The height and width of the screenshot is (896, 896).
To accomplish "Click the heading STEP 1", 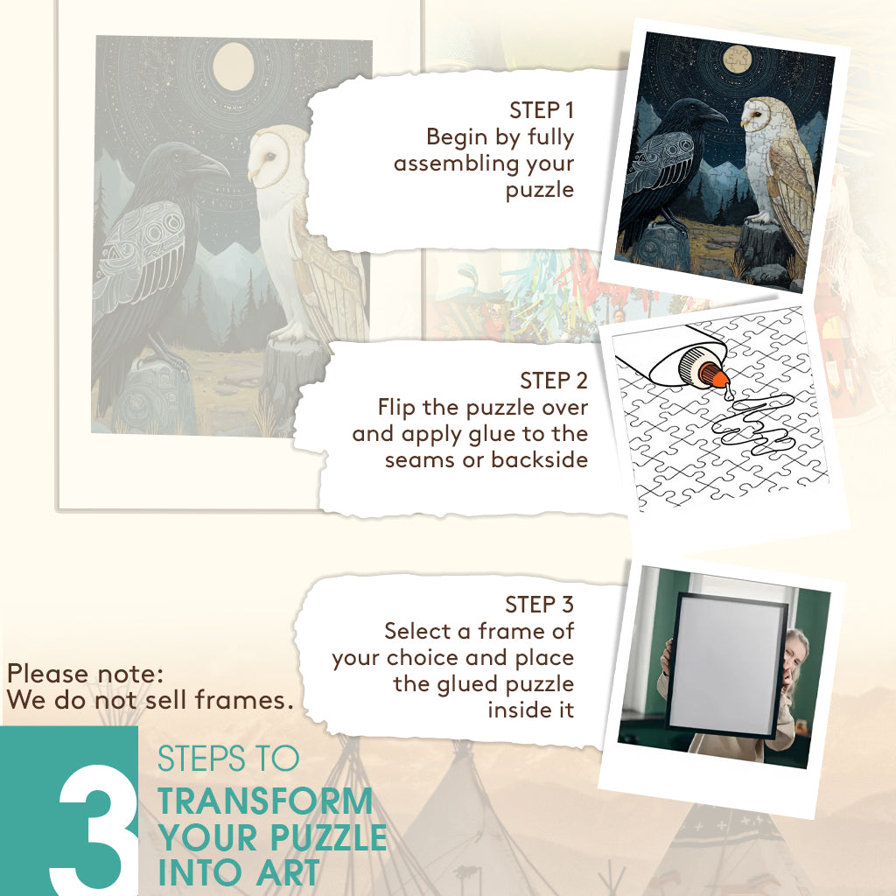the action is click(541, 110).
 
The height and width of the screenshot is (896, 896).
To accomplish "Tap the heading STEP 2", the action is click(554, 381).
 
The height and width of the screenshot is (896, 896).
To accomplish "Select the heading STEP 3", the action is click(539, 605).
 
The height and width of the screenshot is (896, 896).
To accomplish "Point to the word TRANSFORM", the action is click(265, 801).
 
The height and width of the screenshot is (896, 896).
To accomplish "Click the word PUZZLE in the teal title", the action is click(329, 837).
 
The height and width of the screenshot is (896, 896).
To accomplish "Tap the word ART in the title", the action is click(287, 872).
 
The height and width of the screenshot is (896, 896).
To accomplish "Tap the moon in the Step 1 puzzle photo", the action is click(737, 59).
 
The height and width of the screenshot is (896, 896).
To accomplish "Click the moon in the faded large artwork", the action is click(233, 66).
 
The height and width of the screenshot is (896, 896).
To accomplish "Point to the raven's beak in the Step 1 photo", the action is click(715, 115).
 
